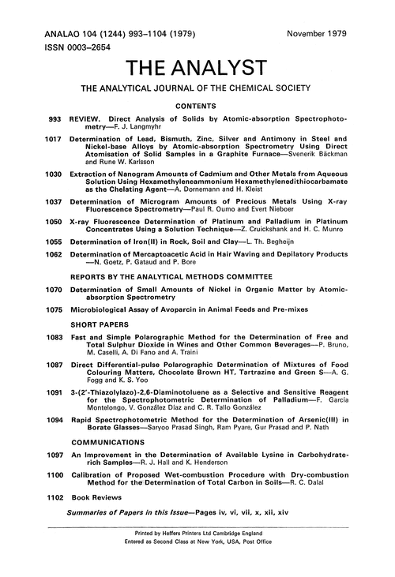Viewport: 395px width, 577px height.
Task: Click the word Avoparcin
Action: point(182,353)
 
